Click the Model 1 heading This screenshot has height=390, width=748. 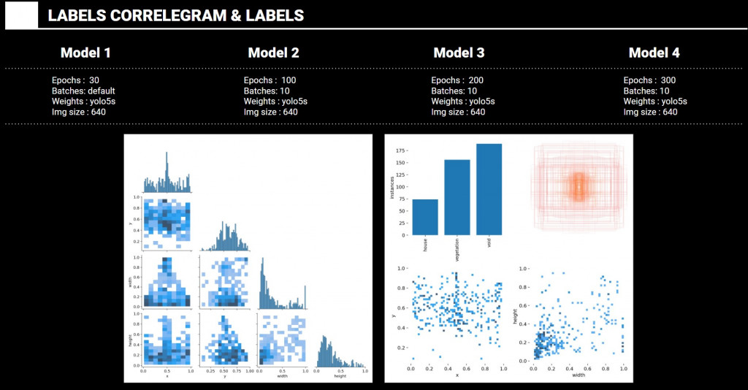coord(85,53)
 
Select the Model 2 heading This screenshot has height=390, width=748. coord(273,53)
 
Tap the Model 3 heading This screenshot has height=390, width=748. coord(459,53)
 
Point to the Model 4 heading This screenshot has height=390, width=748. coord(654,53)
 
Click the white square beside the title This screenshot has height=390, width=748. coord(21,15)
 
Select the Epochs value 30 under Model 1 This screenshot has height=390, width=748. coord(94,80)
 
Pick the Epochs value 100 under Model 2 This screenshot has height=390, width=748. coord(289,80)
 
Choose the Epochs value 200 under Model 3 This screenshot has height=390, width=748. coord(476,80)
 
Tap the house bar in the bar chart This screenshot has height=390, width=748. coord(425,217)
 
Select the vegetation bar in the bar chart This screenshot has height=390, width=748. coord(457,197)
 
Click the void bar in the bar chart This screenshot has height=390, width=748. coord(489,189)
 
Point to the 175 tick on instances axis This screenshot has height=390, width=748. coord(400,150)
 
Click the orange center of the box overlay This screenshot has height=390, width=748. coord(579,187)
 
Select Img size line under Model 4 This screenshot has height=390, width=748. coord(650,112)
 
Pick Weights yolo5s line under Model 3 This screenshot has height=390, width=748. coord(462,102)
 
